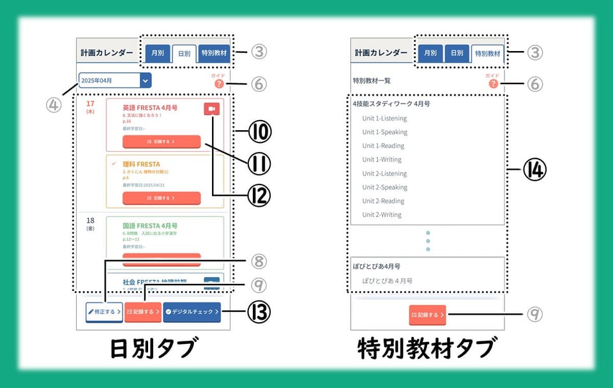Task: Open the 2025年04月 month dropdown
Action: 146,80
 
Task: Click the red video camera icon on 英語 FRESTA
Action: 212,109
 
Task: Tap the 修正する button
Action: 104,312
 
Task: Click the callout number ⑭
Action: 535,169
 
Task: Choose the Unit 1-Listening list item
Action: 384,118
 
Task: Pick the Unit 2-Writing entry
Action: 382,214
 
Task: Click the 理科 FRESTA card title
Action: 141,164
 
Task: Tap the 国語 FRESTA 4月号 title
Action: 150,226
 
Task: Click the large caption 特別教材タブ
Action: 427,349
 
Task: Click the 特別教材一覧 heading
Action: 372,81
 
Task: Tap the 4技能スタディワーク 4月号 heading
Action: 391,103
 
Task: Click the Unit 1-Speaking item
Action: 384,132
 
